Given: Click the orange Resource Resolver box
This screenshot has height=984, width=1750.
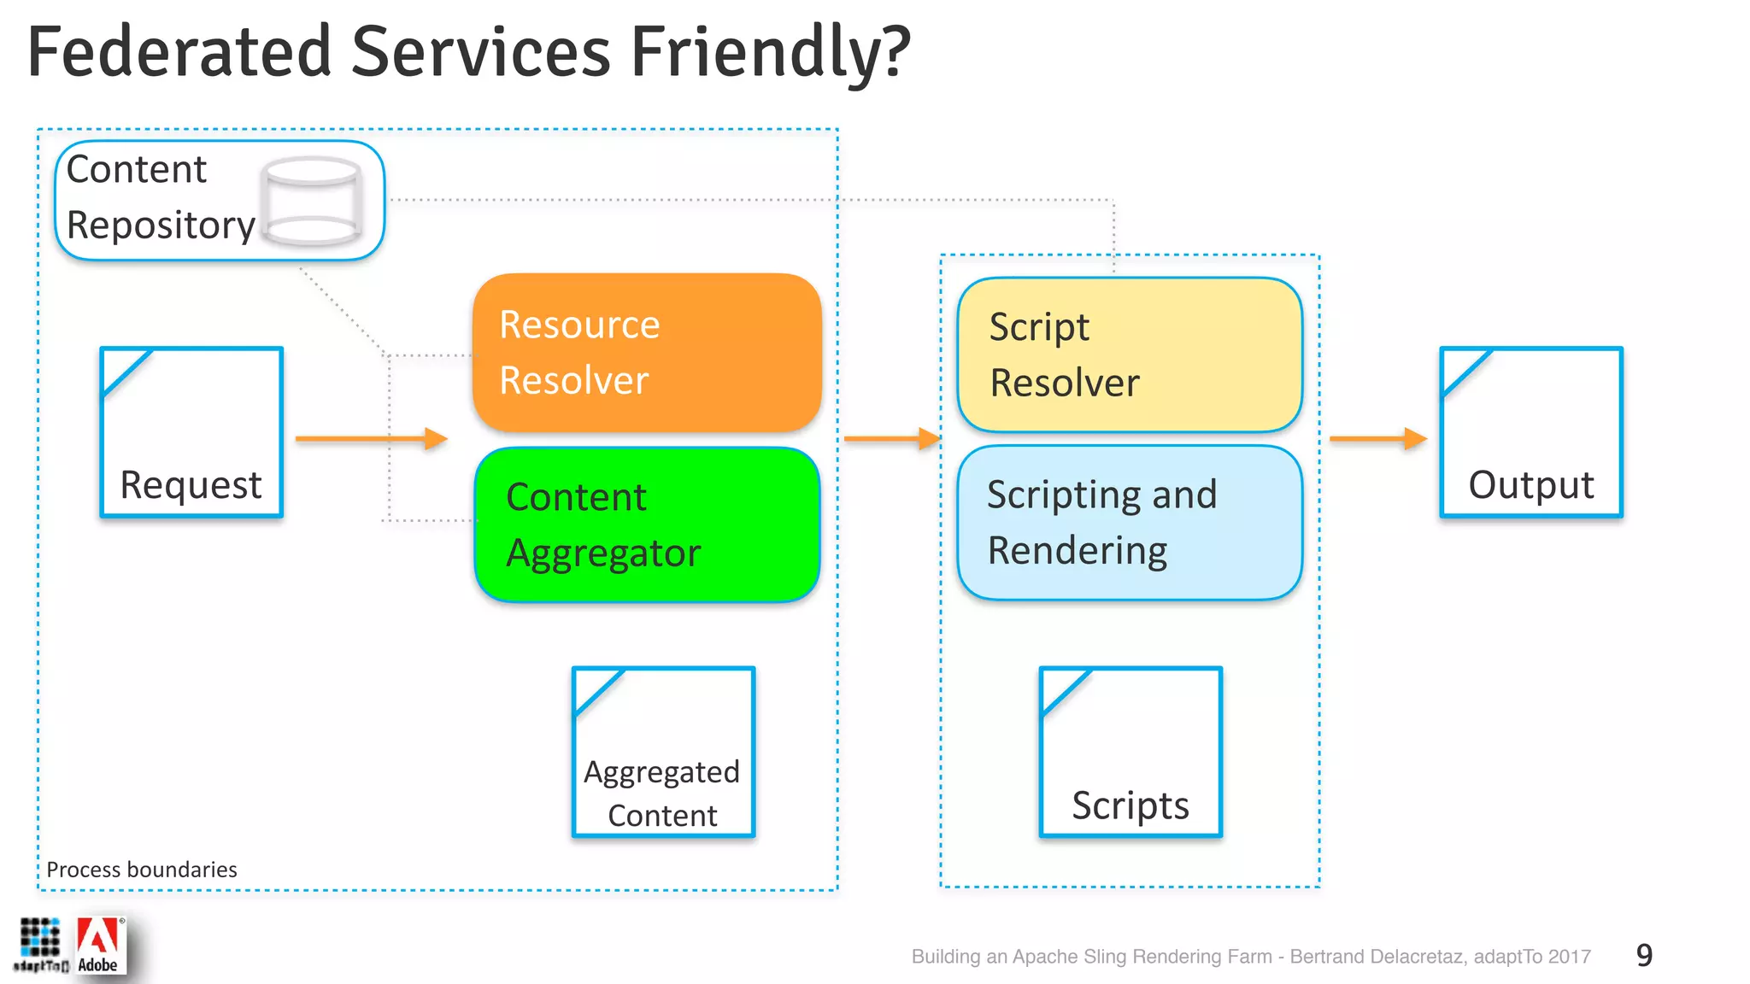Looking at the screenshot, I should tap(647, 352).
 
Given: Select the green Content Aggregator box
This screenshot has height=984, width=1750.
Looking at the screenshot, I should tap(647, 524).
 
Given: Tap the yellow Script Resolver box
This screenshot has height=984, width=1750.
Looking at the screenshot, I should tap(1130, 354).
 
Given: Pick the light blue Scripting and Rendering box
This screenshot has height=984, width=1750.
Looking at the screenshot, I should tap(1130, 522).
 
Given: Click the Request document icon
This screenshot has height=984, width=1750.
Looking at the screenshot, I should tap(191, 432).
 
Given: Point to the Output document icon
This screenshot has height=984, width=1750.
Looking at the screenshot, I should tap(1530, 432).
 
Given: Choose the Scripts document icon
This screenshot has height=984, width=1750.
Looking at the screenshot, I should tap(1130, 752).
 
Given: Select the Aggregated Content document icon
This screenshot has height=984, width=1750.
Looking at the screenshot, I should tap(663, 752).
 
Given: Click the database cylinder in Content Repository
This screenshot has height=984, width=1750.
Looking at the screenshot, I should tap(311, 202).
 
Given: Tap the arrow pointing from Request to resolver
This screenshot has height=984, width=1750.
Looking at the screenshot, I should tap(372, 439).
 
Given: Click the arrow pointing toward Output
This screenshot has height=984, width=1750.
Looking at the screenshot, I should tap(1377, 439).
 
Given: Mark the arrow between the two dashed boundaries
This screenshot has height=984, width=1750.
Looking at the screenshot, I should tap(891, 439).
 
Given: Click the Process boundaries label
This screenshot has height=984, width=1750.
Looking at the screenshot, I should tap(142, 870).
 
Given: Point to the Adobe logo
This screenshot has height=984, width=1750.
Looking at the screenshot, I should tap(99, 945).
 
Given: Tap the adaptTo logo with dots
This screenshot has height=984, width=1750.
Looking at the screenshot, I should tap(40, 945).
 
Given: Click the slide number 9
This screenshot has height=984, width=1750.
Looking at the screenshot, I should tap(1644, 955).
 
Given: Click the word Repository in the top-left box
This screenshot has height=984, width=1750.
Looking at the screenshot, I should tap(161, 225).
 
